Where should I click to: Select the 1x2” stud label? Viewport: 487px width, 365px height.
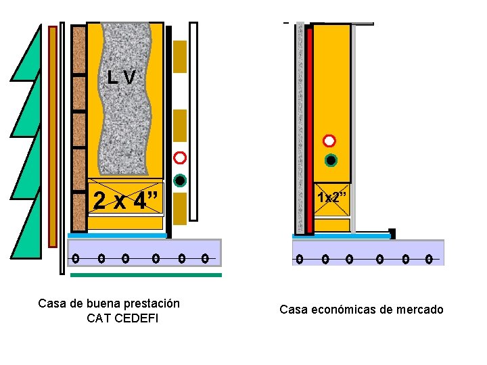332,198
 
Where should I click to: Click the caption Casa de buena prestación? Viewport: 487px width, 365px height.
109,303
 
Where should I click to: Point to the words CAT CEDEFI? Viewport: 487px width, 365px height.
122,318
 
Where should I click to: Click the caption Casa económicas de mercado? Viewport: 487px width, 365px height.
361,310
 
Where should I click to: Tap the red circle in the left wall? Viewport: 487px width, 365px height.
180,158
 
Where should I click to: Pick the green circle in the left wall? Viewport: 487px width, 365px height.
180,180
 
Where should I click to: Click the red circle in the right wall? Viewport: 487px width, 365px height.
329,141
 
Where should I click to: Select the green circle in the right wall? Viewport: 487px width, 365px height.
330,160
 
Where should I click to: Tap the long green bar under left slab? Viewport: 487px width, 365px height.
145,275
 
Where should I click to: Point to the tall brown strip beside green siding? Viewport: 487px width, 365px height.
53,135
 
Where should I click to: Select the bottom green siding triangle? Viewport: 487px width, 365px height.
28,230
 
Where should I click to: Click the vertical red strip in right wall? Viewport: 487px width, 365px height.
309,128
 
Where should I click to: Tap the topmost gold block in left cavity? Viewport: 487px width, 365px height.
180,56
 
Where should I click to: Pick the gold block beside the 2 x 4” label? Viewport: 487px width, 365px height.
180,208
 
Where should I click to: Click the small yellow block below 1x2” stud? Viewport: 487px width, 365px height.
332,225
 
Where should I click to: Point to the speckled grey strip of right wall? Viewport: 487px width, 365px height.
300,128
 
